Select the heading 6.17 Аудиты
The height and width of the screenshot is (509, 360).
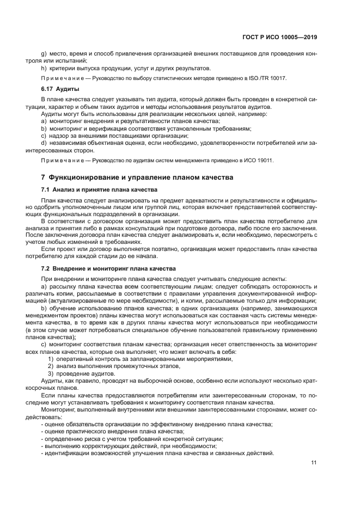pos(60,88)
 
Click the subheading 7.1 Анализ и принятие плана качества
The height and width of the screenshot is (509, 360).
pos(99,189)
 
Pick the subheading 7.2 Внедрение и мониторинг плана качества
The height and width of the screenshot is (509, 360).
pos(108,269)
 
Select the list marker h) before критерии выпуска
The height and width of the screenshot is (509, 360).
pos(44,68)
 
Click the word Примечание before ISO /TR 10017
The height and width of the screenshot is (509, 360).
pos(61,78)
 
